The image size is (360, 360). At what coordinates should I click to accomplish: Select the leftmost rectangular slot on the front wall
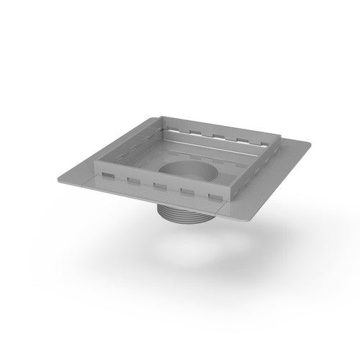107,174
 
